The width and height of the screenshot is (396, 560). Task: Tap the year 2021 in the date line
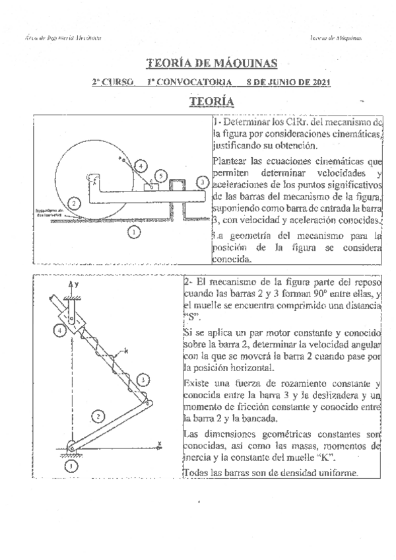317,83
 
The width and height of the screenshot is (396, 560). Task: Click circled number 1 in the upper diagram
134,232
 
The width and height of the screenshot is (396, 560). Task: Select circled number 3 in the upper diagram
202,182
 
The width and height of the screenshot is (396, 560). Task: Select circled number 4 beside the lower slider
60,330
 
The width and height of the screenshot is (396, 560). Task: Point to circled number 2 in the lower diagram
97,416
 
